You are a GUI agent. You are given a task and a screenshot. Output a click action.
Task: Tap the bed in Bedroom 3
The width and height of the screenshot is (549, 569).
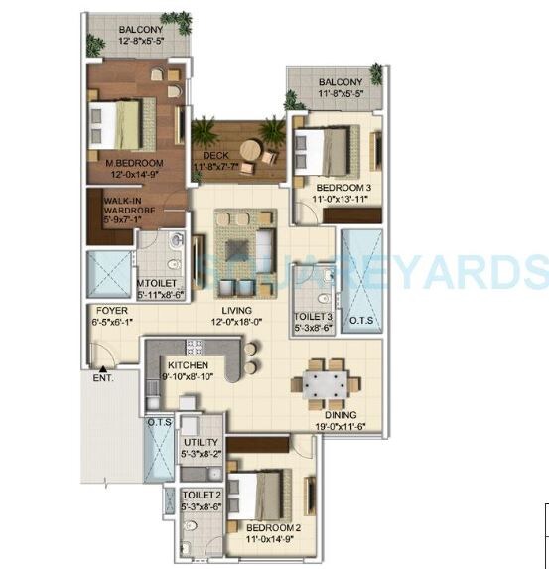[x=332, y=152]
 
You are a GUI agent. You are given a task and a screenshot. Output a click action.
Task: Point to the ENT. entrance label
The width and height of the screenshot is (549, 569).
[x=103, y=378]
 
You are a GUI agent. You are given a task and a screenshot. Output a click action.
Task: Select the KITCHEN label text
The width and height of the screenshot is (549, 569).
[x=187, y=366]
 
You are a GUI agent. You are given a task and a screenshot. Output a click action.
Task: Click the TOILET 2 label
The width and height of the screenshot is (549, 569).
[x=201, y=494]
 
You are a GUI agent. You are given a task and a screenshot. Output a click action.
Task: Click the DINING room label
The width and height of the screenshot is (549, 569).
[x=341, y=415]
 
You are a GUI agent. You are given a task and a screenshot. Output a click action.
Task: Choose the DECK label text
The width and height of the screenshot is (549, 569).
[x=216, y=156]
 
